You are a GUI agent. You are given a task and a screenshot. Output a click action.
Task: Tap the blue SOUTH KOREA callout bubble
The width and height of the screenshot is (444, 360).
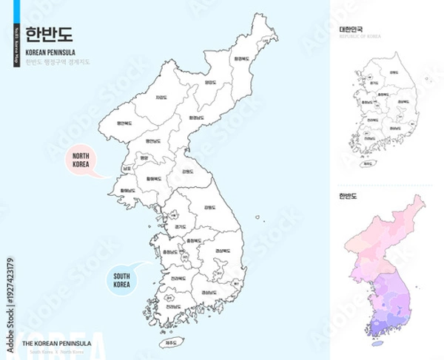pyautogui.click(x=121, y=279)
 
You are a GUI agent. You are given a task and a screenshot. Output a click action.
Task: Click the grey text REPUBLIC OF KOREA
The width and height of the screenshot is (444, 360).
pyautogui.click(x=359, y=35)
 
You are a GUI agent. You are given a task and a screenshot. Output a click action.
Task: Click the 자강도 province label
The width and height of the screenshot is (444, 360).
pyautogui.click(x=161, y=97)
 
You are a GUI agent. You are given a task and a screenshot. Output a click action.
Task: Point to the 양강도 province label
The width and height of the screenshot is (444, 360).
pyautogui.click(x=210, y=84)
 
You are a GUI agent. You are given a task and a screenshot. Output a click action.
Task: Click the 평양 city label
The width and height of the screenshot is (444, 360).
pyautogui.click(x=144, y=157)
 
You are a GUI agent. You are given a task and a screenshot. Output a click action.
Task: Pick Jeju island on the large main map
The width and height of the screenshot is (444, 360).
pyautogui.click(x=171, y=342)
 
